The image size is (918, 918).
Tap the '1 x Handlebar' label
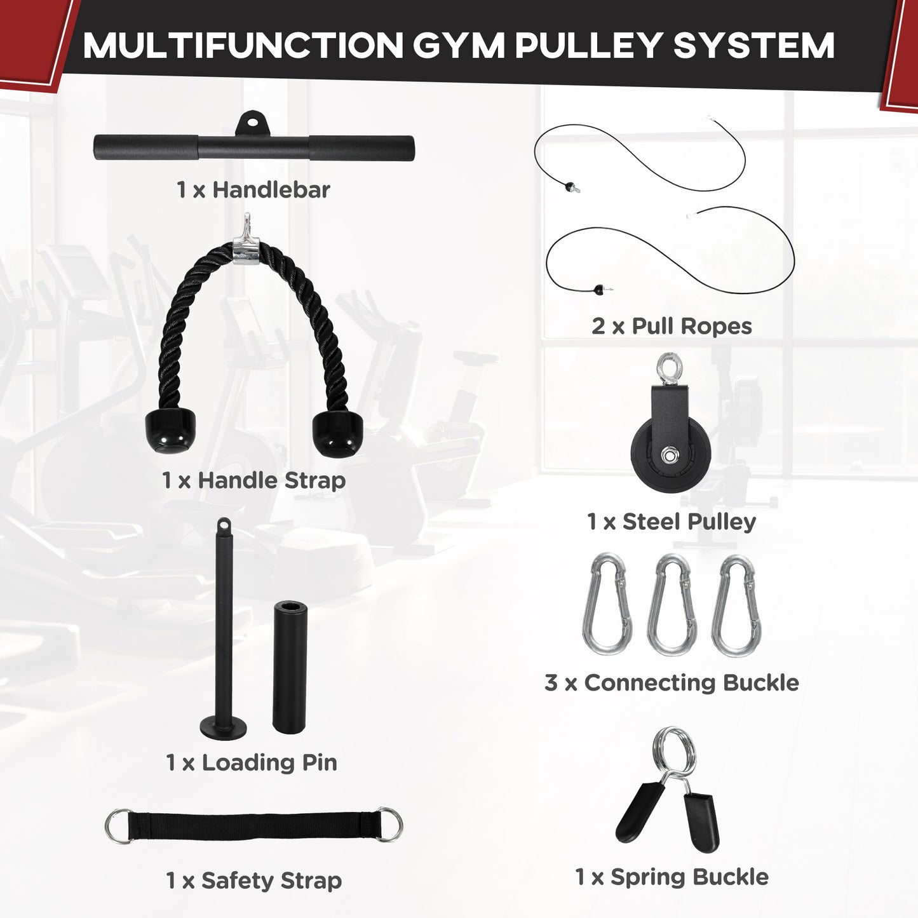(253, 189)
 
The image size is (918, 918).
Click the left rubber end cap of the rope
(170, 431)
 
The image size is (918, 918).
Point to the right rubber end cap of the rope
(335, 434)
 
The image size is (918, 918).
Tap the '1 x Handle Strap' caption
(253, 480)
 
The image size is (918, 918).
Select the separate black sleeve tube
(290, 667)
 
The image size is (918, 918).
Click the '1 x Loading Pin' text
(251, 762)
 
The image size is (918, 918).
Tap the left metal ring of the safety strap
(118, 826)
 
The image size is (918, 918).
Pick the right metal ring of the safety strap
(389, 825)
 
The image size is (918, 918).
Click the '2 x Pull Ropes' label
(672, 326)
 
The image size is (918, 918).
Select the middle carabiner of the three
(672, 605)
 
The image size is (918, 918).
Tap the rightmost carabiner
(737, 605)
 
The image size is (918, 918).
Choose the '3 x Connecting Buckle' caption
(672, 682)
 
